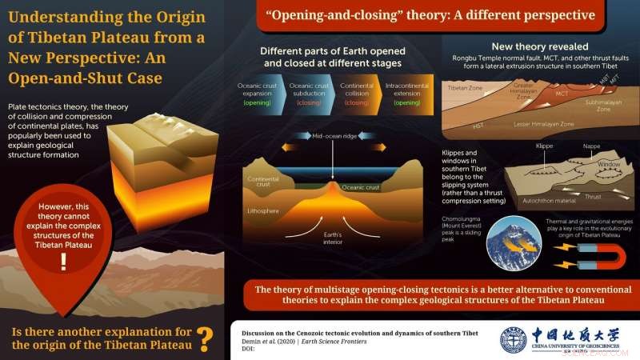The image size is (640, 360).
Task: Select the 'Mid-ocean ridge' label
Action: click(334, 136)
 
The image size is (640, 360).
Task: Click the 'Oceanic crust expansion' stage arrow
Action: click(257, 94)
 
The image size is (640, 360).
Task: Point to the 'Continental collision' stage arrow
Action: click(357, 94)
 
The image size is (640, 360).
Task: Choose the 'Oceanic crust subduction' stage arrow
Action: click(308, 94)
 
